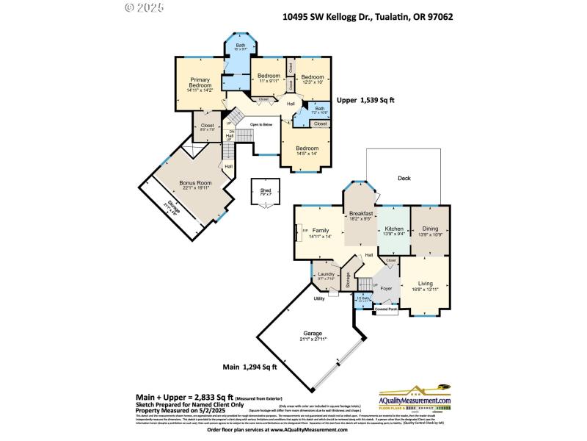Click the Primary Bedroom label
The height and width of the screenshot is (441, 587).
[200, 85]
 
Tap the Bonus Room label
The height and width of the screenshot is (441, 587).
[196, 184]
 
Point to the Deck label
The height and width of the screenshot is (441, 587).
[404, 179]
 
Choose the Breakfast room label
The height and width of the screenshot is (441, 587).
[361, 215]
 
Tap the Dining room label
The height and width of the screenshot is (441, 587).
[430, 231]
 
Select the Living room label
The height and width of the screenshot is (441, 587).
[426, 286]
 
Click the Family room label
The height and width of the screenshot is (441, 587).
[320, 233]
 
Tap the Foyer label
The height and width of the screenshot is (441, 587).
[385, 289]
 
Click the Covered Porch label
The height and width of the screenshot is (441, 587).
[385, 309]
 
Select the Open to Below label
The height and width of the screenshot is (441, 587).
[261, 125]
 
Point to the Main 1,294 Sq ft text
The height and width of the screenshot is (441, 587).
[249, 366]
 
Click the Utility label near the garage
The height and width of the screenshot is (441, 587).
[319, 298]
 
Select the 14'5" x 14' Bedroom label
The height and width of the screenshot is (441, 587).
[307, 151]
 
